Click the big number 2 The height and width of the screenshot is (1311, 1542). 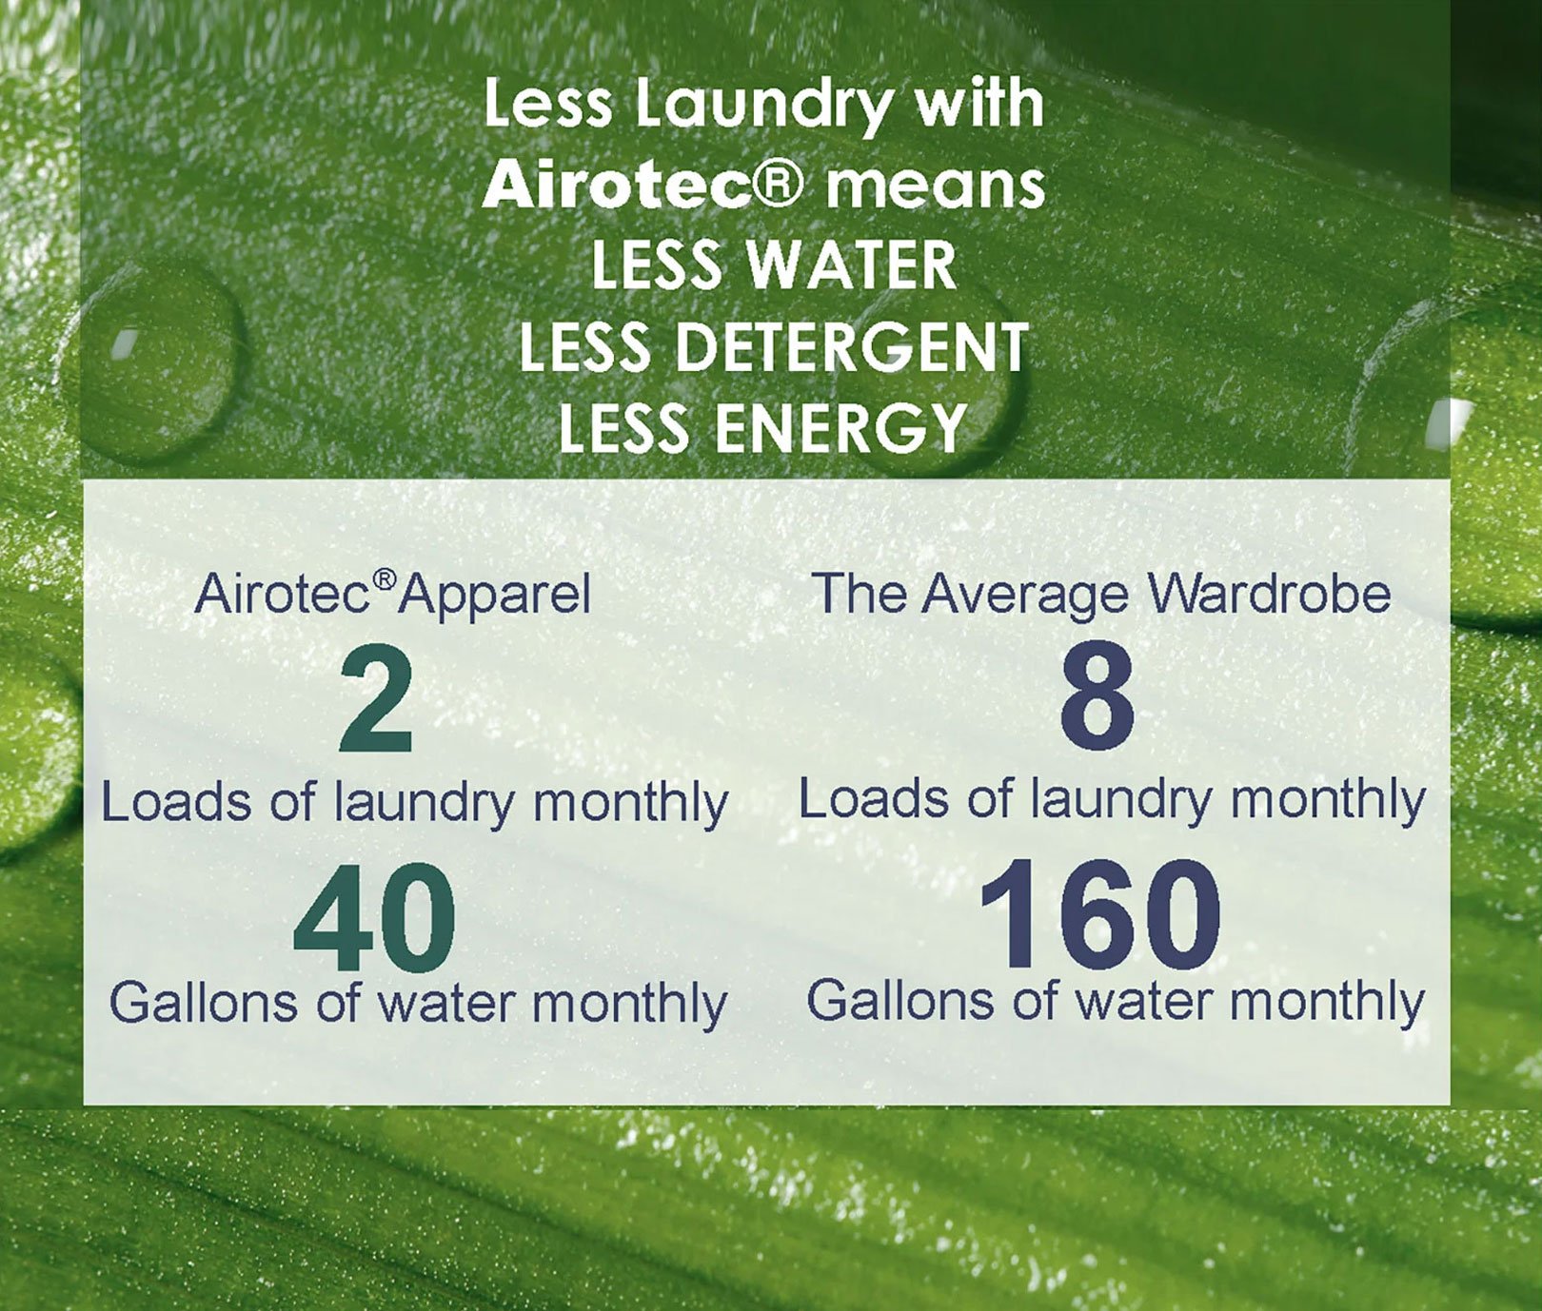(x=377, y=699)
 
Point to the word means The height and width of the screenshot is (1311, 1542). (x=936, y=186)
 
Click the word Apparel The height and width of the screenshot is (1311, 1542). (x=495, y=596)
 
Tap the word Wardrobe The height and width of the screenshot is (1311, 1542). (x=1270, y=593)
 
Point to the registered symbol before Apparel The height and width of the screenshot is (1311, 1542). (x=385, y=579)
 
